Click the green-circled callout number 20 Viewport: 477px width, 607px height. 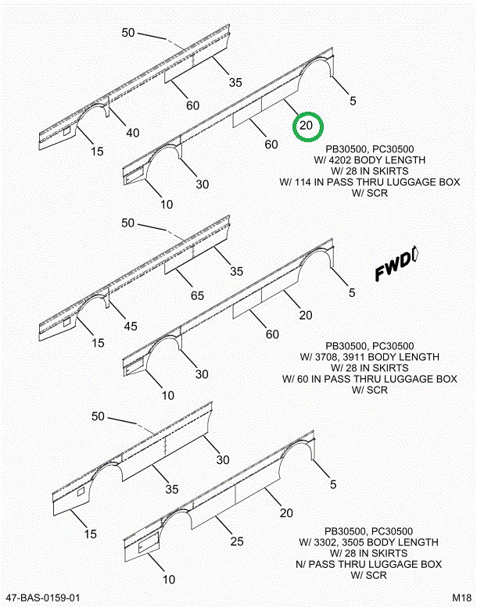click(x=307, y=125)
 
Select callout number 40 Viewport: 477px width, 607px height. click(x=133, y=133)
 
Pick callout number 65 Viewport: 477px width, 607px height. click(x=197, y=296)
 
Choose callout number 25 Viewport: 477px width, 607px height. click(x=237, y=541)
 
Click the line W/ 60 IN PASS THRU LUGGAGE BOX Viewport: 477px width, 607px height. click(x=369, y=379)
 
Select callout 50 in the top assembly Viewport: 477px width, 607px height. click(x=128, y=33)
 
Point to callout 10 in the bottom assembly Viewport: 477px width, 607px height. click(x=168, y=580)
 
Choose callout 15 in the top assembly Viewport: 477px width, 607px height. click(x=96, y=151)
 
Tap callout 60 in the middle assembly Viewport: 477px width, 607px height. click(x=272, y=334)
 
